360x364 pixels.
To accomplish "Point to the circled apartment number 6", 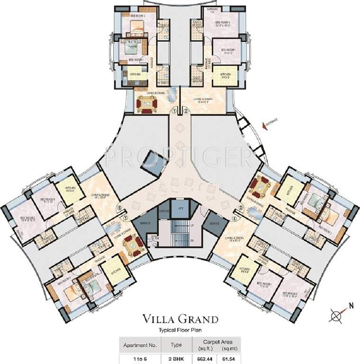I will pos(119,207).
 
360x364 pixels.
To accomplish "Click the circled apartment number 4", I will pos(235,218).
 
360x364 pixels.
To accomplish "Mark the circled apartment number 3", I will pos(241,208).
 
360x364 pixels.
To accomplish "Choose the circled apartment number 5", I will pos(125,218).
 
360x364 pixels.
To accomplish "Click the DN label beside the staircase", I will pos(191,241).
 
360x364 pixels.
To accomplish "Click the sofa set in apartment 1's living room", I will pos(145,102).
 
